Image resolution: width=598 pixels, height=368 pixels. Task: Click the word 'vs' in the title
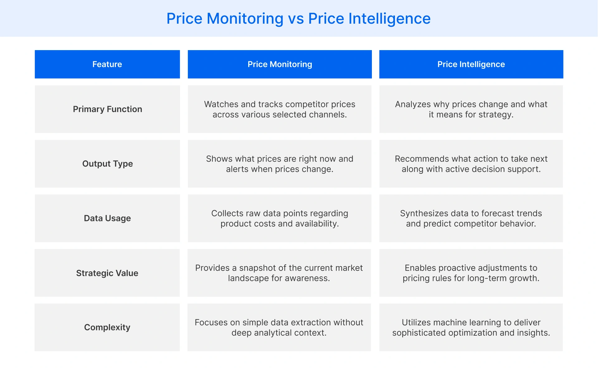coord(296,19)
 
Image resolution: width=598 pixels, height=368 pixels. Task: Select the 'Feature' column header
coord(107,64)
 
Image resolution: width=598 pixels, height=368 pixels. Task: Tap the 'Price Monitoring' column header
coord(280,64)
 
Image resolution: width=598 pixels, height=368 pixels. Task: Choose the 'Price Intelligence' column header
coord(471,64)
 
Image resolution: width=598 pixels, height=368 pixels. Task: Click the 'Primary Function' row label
coord(107,109)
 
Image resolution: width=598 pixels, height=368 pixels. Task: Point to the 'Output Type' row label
coord(107,164)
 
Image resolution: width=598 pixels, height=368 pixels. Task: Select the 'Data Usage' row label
coord(107,218)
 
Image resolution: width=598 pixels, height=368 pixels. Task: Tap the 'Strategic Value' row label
coord(107,273)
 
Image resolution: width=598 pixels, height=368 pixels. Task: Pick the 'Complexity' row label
coord(107,327)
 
